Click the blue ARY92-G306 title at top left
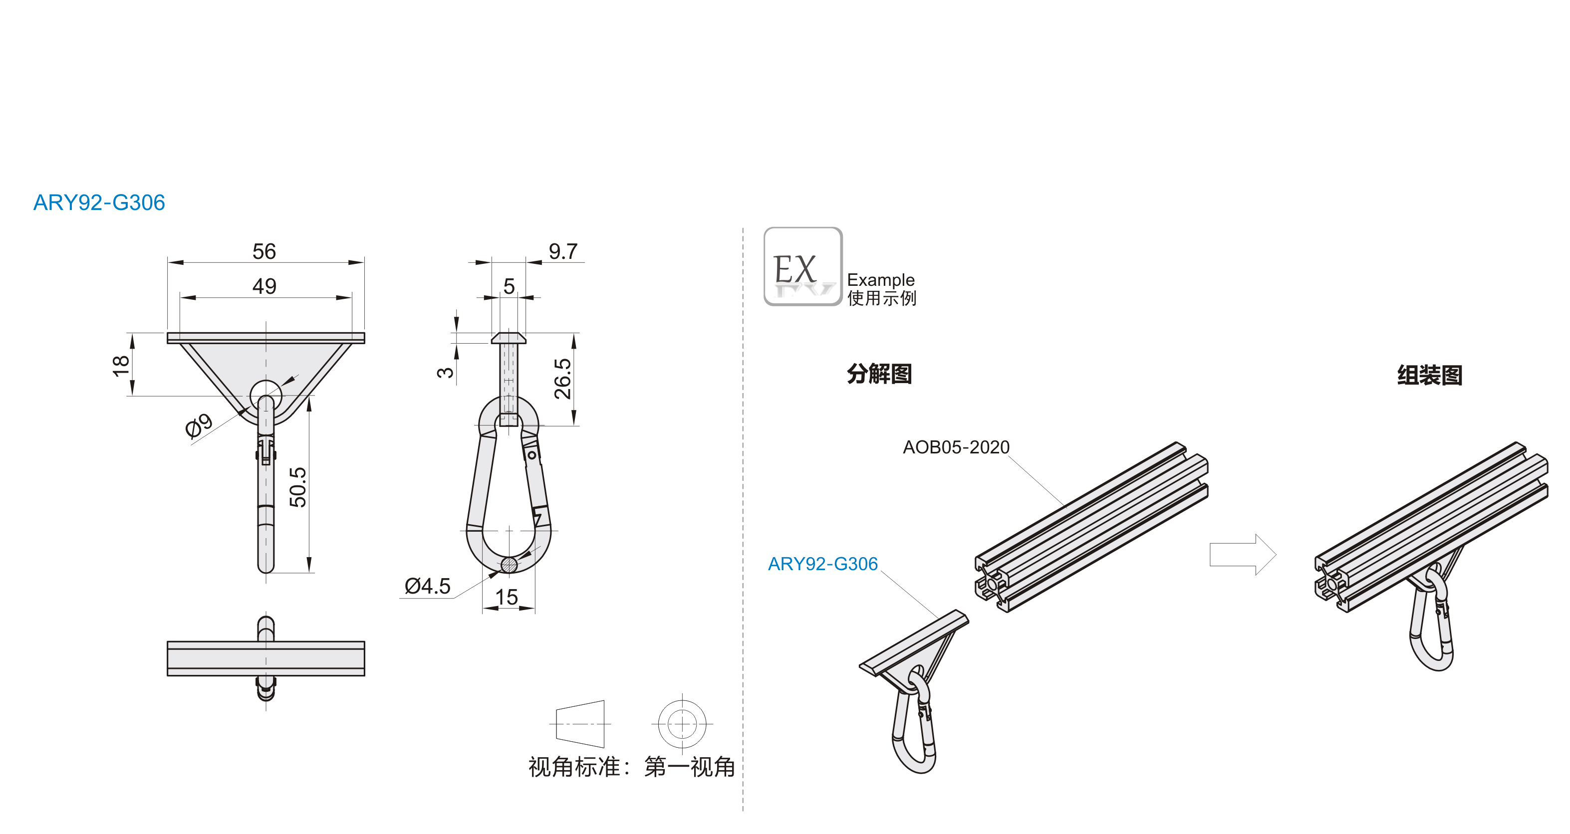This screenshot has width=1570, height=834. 99,203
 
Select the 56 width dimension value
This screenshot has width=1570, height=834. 264,251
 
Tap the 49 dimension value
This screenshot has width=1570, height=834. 264,286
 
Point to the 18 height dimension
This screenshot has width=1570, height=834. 121,366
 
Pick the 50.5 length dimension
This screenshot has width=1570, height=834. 297,487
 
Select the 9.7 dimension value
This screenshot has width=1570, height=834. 562,251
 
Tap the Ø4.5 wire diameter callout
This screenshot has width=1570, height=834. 427,586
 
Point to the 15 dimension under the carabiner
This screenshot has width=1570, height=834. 507,597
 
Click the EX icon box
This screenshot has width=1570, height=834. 802,266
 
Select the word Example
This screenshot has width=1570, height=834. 881,280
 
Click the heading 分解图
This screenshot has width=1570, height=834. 879,374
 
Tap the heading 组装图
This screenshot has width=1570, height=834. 1429,375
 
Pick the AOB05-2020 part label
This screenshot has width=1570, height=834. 956,447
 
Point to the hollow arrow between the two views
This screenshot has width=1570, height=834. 1242,554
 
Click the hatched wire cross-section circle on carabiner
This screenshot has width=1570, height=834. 509,565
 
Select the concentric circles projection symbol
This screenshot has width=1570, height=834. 682,724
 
